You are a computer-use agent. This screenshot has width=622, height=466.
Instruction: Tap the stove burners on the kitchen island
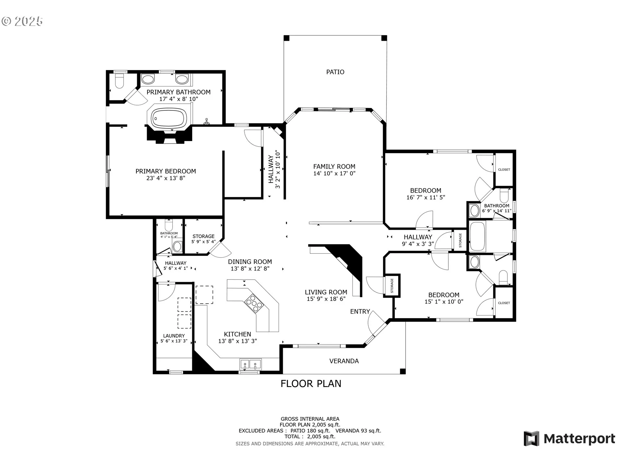[254, 304]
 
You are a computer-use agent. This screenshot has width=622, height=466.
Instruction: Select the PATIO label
[335, 72]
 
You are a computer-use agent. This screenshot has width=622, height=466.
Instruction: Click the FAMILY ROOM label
[334, 166]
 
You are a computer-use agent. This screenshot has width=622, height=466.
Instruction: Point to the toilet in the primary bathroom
[120, 81]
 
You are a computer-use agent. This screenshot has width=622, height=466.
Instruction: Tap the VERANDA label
[344, 361]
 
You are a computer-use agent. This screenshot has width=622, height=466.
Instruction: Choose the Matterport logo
[570, 439]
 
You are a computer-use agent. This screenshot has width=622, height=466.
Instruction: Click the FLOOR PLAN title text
[311, 383]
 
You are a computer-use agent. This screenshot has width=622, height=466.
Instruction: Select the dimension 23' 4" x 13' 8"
[166, 178]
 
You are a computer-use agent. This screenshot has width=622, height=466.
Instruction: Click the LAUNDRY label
[174, 336]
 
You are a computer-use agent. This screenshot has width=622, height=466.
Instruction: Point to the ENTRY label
[360, 311]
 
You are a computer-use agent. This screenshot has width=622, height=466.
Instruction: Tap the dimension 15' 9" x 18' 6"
[326, 299]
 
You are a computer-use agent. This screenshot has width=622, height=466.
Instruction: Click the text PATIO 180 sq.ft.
[310, 431]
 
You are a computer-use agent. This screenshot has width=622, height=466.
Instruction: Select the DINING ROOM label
[250, 261]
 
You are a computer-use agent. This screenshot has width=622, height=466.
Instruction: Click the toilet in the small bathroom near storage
[169, 225]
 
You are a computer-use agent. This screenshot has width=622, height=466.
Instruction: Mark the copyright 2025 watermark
[22, 21]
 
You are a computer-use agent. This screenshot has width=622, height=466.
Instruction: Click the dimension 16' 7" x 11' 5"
[426, 197]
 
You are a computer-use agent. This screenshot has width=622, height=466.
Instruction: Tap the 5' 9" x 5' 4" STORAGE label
[203, 239]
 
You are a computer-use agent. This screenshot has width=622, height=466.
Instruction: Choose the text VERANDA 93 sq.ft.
[358, 431]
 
